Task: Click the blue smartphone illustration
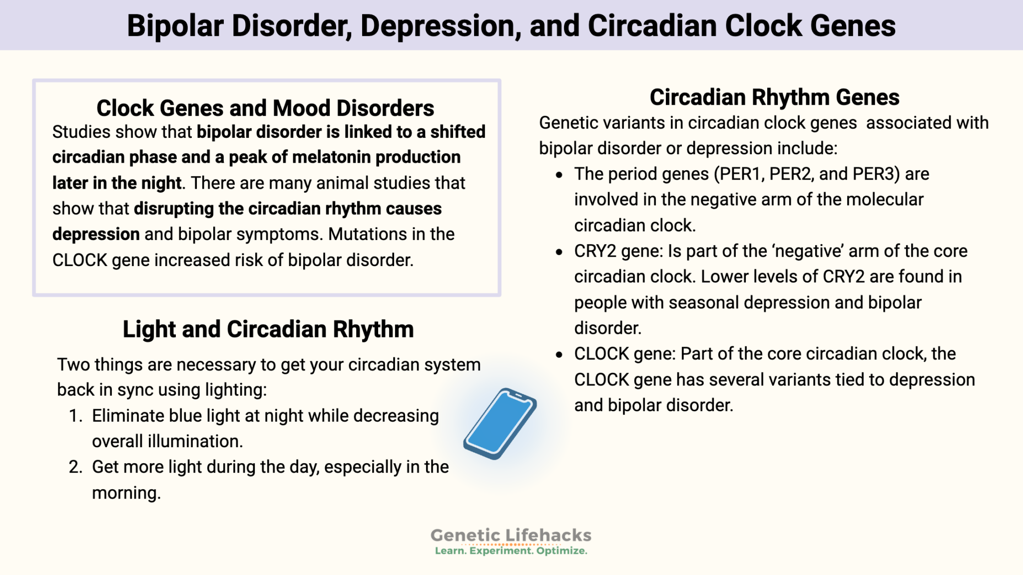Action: coord(500,424)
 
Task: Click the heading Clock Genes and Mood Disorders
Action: coord(265,108)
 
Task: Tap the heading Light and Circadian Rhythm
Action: coord(268,329)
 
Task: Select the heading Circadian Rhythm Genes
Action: coord(774,97)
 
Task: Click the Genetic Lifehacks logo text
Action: coord(511,535)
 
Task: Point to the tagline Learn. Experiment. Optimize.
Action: coord(511,551)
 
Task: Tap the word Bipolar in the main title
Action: coord(175,26)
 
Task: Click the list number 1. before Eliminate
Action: coord(75,416)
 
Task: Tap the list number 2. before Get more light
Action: coord(75,467)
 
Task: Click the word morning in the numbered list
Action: coord(125,493)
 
